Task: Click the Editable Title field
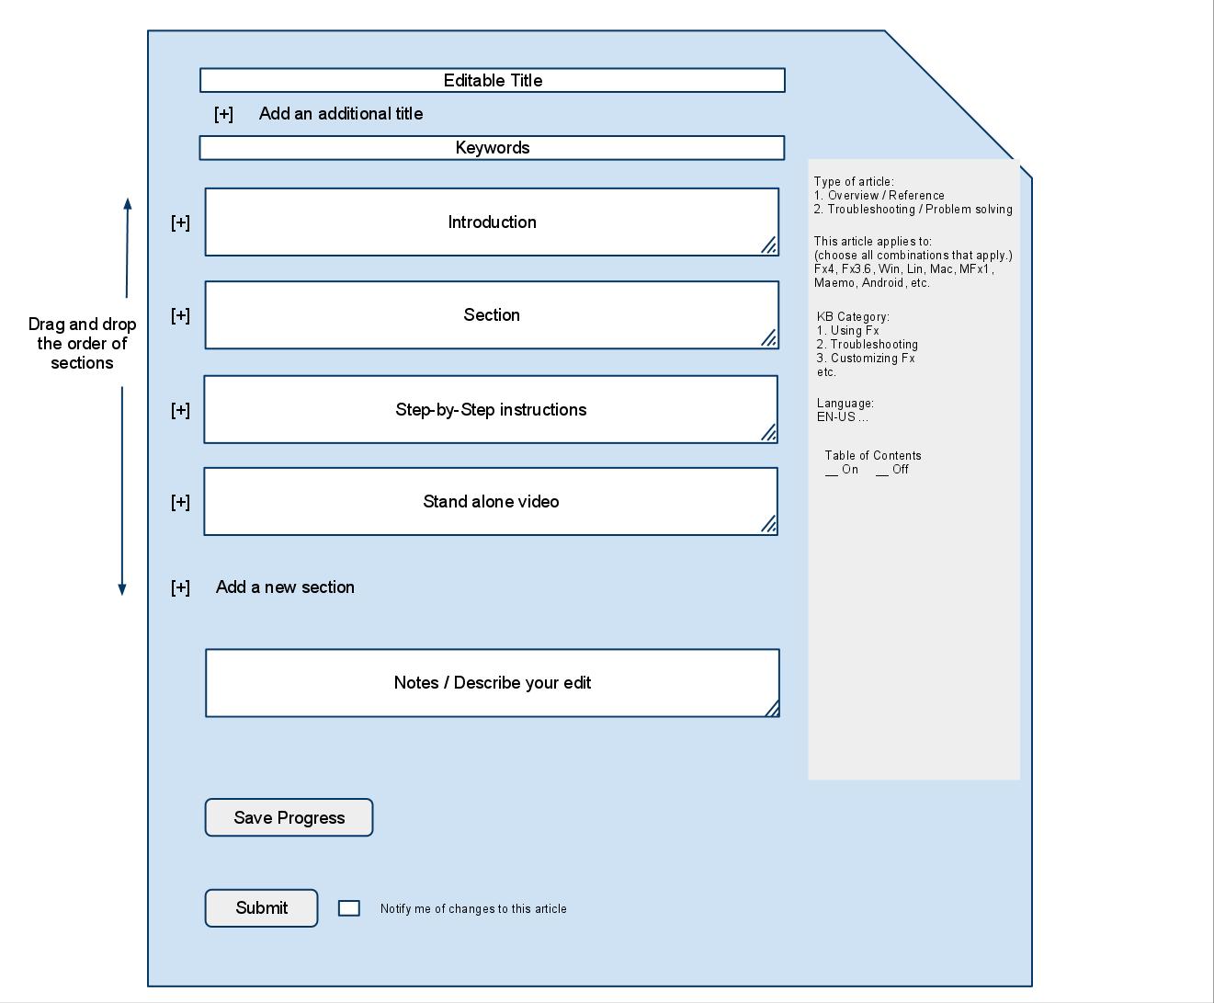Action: (493, 80)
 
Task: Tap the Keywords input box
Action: (492, 148)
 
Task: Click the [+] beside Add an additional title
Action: (224, 114)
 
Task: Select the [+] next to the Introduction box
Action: (180, 222)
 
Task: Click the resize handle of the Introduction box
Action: (768, 245)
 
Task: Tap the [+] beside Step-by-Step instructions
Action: (180, 411)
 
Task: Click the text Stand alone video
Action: (491, 502)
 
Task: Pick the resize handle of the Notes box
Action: (772, 708)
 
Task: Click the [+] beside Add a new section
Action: (180, 587)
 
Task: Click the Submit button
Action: (261, 907)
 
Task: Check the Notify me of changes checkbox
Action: (349, 908)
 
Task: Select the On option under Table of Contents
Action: (842, 470)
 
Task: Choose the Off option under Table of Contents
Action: (892, 470)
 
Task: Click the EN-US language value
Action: (842, 417)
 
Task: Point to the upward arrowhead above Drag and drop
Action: (128, 203)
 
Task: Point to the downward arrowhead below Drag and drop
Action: (122, 589)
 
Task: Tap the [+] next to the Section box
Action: (180, 316)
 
